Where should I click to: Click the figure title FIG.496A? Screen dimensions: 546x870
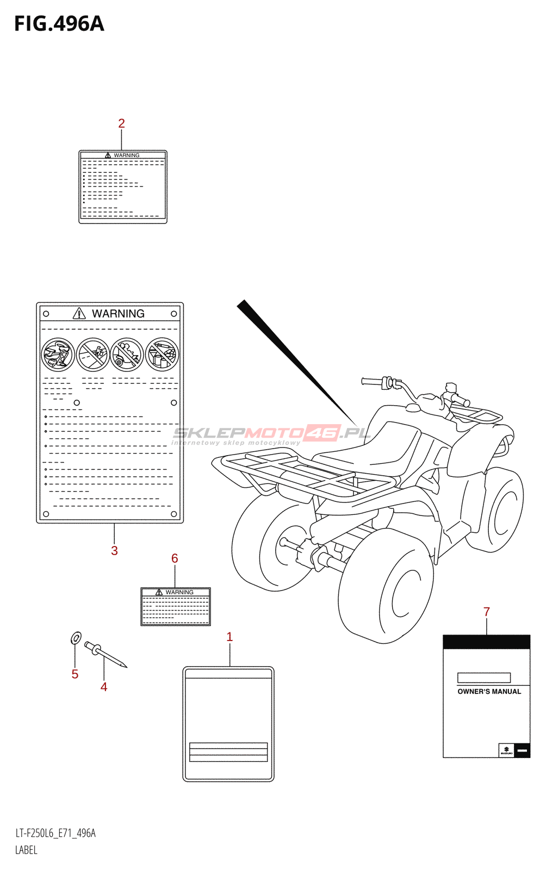pos(59,24)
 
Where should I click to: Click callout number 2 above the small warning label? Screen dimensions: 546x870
pos(121,124)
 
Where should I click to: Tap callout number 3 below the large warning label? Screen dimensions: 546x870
pos(114,551)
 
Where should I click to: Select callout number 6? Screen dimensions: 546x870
pos(175,558)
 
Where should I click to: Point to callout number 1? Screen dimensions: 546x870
pos(229,637)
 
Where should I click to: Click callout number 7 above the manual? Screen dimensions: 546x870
pos(487,612)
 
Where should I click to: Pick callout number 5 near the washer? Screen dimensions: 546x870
pos(75,674)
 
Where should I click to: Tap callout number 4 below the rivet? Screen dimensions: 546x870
pos(104,687)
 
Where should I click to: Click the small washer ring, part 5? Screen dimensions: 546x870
pos(76,637)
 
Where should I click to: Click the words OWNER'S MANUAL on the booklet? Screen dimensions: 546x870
pos(489,692)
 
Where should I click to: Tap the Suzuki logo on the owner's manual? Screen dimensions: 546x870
pos(506,750)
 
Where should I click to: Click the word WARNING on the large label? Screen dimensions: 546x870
pos(118,314)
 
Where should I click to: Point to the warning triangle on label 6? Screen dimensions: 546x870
pos(159,592)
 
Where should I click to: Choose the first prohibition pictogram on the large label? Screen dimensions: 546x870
pos(58,355)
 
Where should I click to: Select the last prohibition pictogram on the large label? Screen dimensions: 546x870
pos(162,355)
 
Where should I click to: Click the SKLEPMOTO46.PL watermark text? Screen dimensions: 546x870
pos(271,433)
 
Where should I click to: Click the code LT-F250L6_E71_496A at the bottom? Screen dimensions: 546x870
pos(55,833)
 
